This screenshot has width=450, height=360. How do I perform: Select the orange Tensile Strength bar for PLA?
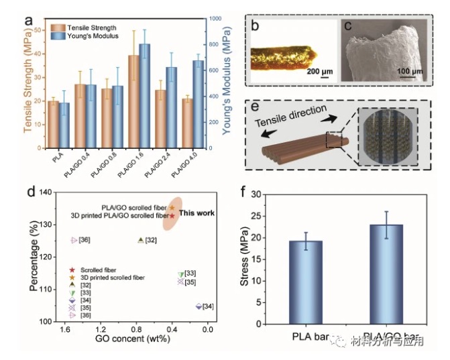coord(53,124)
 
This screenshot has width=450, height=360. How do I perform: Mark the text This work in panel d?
coord(198,213)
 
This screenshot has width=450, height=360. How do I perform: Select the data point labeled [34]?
coord(199,306)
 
